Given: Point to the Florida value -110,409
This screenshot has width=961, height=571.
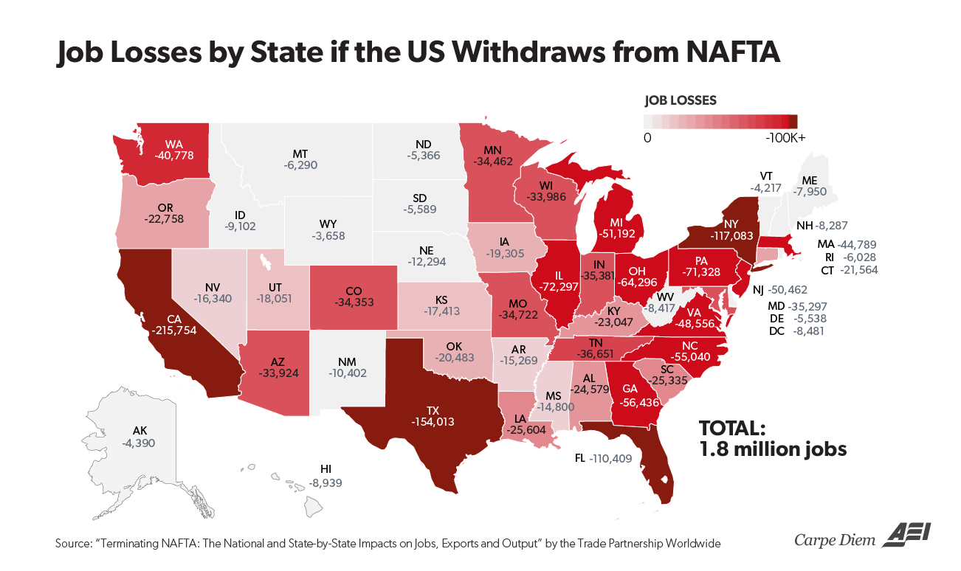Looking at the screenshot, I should (x=617, y=458).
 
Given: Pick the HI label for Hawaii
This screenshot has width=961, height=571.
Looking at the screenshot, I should (x=325, y=468).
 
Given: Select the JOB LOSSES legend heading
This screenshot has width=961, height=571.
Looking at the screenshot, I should (x=680, y=100).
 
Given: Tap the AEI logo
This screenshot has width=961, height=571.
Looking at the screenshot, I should (x=903, y=536).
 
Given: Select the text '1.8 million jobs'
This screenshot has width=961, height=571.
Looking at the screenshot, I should (x=773, y=449).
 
